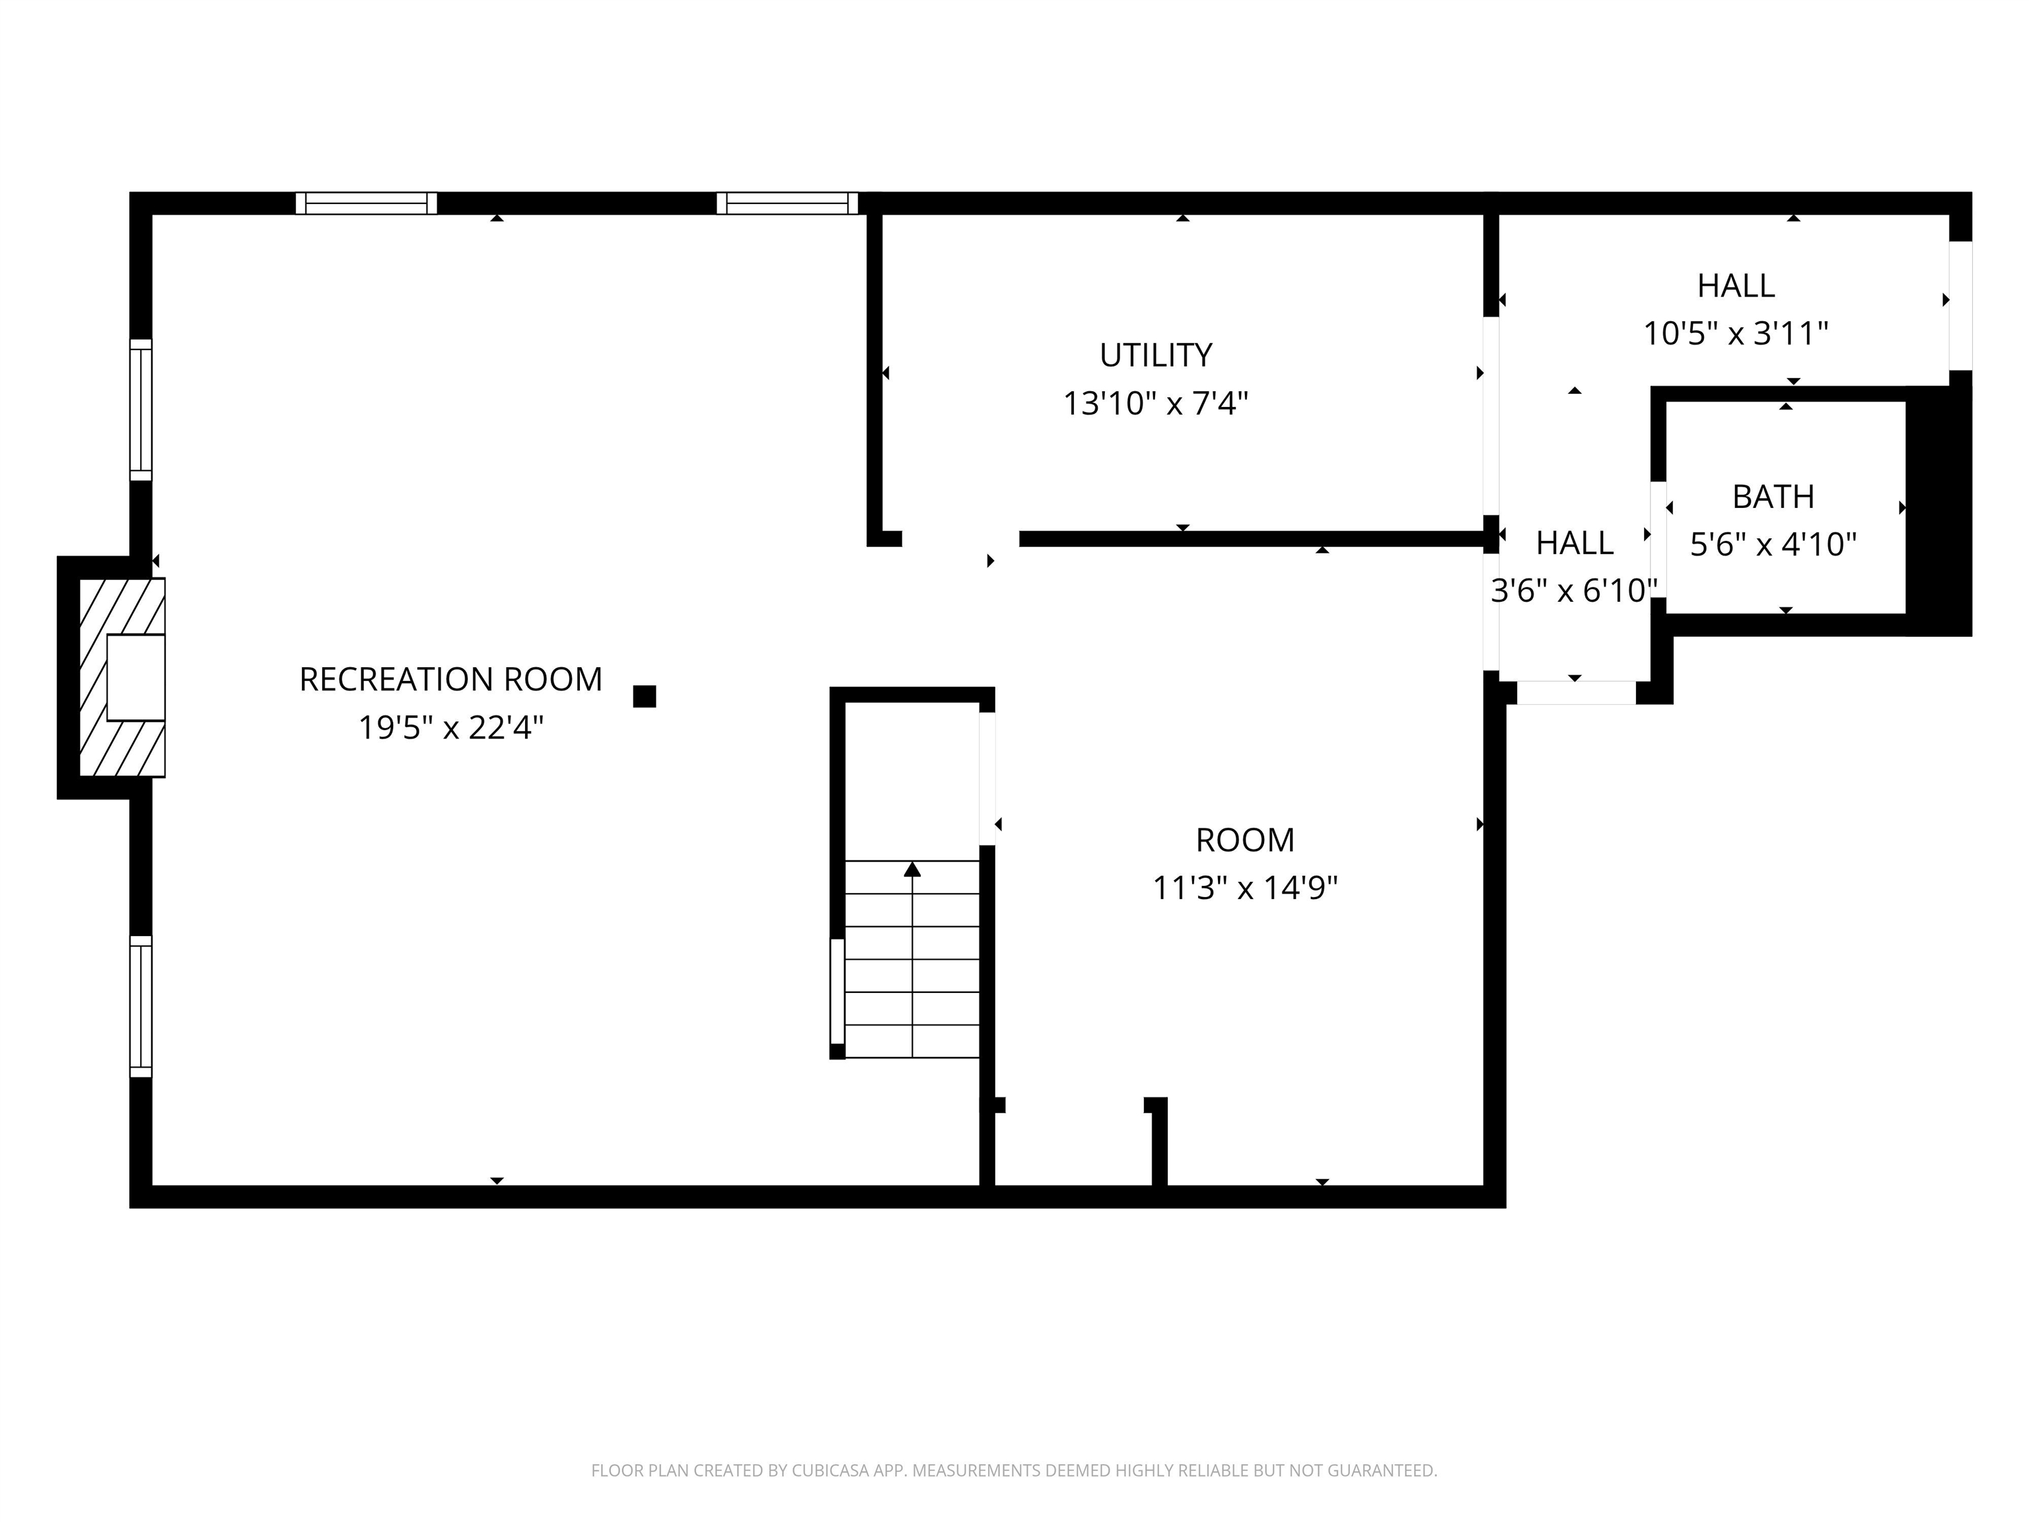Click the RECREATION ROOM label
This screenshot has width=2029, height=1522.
tap(450, 679)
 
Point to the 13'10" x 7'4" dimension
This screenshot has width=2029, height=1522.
tap(1156, 403)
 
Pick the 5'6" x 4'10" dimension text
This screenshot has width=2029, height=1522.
tap(1773, 544)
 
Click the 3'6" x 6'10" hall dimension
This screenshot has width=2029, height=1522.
tap(1574, 590)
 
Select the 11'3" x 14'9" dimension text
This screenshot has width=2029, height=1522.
tap(1245, 887)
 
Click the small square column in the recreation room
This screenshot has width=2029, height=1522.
tap(645, 696)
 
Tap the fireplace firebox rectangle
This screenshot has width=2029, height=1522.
tap(136, 677)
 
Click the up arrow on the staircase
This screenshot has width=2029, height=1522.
tap(911, 869)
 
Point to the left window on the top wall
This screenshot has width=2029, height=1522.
tap(366, 203)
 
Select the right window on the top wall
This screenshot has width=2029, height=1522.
tap(787, 203)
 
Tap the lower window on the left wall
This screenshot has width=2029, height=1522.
tap(140, 1007)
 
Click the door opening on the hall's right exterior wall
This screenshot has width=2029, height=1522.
tap(1961, 305)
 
